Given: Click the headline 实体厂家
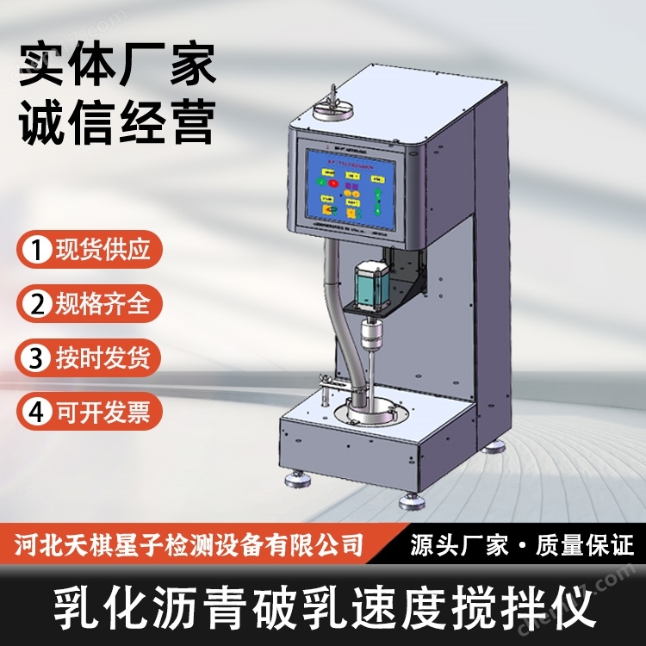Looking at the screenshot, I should click(x=116, y=67).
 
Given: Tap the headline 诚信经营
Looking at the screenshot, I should click(x=116, y=122).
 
